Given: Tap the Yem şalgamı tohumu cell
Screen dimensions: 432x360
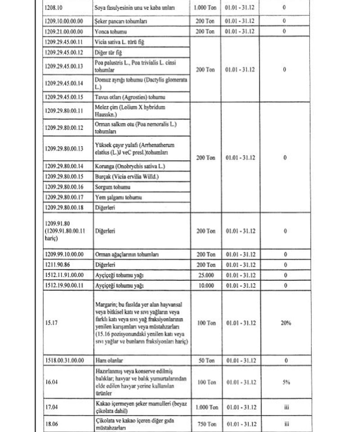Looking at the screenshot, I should [x=118, y=197].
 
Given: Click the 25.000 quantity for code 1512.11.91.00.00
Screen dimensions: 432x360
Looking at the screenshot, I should [x=205, y=275].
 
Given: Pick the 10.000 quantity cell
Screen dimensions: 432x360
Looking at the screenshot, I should [x=205, y=285].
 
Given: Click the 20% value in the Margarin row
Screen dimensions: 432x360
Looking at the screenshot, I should [x=286, y=323].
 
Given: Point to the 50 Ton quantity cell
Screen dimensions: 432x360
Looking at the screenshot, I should [x=205, y=360].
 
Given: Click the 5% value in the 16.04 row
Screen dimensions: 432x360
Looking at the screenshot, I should [x=286, y=382].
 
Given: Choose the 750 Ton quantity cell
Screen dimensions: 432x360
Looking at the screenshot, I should [x=205, y=424].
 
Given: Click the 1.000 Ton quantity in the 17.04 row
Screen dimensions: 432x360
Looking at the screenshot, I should [x=205, y=408].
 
